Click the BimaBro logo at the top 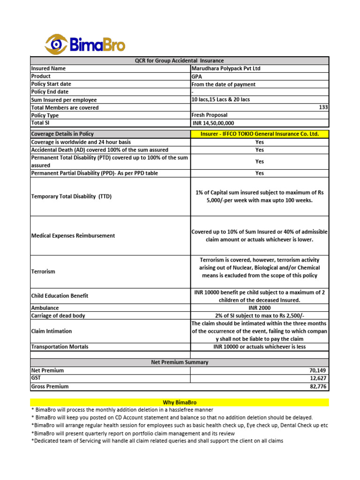click(x=85, y=44)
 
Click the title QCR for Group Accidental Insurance click(x=180, y=60)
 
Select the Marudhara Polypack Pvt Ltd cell click(x=225, y=68)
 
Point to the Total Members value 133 click(x=323, y=107)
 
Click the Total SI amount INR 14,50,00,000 click(x=213, y=123)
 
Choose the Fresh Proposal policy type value click(x=210, y=115)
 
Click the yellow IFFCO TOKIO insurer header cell click(x=259, y=134)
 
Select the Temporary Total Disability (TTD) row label click(x=71, y=197)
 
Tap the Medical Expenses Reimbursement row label click(x=73, y=236)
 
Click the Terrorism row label click(x=43, y=271)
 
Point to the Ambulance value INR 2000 click(x=259, y=308)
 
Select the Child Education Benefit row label click(x=60, y=296)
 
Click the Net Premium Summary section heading click(x=180, y=362)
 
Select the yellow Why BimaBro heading click(x=180, y=402)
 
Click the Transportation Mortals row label click(x=60, y=347)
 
